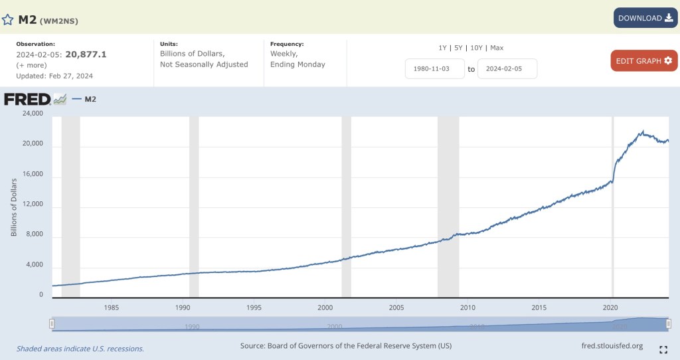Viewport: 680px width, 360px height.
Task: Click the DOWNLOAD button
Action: (x=645, y=18)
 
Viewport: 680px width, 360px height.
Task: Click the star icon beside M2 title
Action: (x=8, y=19)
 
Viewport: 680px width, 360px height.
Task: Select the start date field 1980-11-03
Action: (x=435, y=68)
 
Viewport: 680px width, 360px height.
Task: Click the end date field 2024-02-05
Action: (x=507, y=68)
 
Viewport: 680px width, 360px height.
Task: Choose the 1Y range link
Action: (x=442, y=48)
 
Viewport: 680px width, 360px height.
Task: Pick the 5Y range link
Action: (x=458, y=48)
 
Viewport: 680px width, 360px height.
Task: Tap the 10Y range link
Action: (x=476, y=48)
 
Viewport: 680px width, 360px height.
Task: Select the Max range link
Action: (x=497, y=48)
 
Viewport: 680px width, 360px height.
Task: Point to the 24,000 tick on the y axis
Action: (x=32, y=114)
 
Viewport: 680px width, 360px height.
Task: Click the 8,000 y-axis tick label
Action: (x=34, y=234)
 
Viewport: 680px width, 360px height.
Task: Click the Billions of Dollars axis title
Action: (x=14, y=207)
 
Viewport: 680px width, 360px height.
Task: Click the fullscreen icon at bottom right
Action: (x=663, y=350)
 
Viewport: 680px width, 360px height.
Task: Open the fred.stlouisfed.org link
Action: (x=611, y=345)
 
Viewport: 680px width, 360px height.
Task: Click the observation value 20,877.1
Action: (x=86, y=54)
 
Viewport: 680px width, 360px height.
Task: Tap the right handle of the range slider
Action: (x=668, y=323)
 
